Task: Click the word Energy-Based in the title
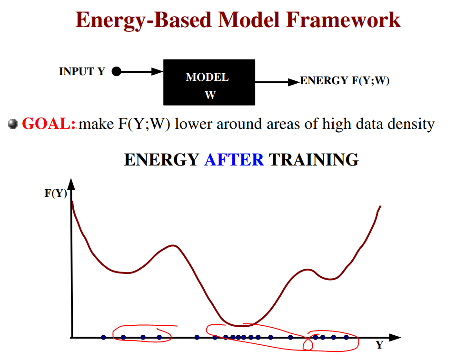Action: (x=145, y=20)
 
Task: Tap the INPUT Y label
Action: (x=82, y=72)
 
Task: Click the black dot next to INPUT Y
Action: (x=116, y=72)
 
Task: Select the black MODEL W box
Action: (x=209, y=82)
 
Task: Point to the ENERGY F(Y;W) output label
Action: (x=345, y=81)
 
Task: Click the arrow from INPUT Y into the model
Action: (x=140, y=72)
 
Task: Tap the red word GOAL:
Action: (x=49, y=124)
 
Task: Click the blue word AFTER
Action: (x=234, y=160)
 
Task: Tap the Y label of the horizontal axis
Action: (x=379, y=345)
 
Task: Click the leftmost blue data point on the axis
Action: (x=103, y=337)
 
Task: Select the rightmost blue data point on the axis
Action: (x=346, y=337)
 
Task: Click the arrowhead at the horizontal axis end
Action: (x=395, y=337)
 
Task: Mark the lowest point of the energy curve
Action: (x=242, y=326)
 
